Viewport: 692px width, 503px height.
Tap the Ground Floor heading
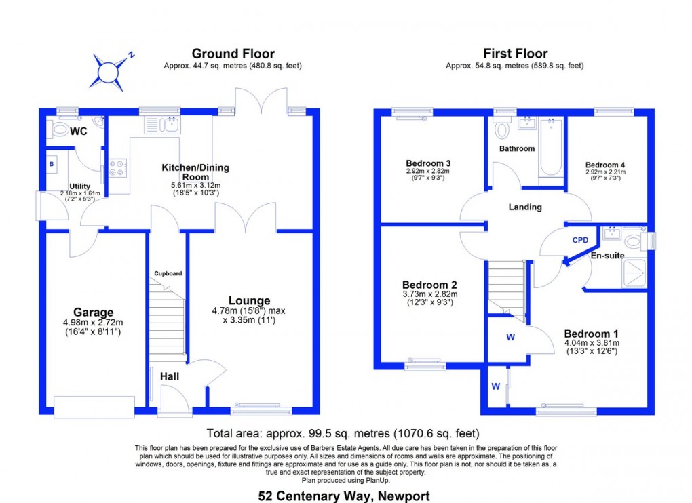pos(233,54)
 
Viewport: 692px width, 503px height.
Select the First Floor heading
pos(515,54)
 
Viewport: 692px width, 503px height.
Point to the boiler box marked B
pos(52,164)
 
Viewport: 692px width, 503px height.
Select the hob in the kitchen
pos(117,167)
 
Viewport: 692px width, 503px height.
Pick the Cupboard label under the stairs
pos(168,273)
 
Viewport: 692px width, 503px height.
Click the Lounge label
pos(249,300)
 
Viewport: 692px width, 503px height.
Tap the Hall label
pos(169,375)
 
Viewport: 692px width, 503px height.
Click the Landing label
pos(525,207)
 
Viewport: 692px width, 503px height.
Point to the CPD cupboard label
pos(580,240)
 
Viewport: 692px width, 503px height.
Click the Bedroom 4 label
pos(605,165)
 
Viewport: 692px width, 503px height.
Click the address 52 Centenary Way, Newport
pos(344,496)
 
